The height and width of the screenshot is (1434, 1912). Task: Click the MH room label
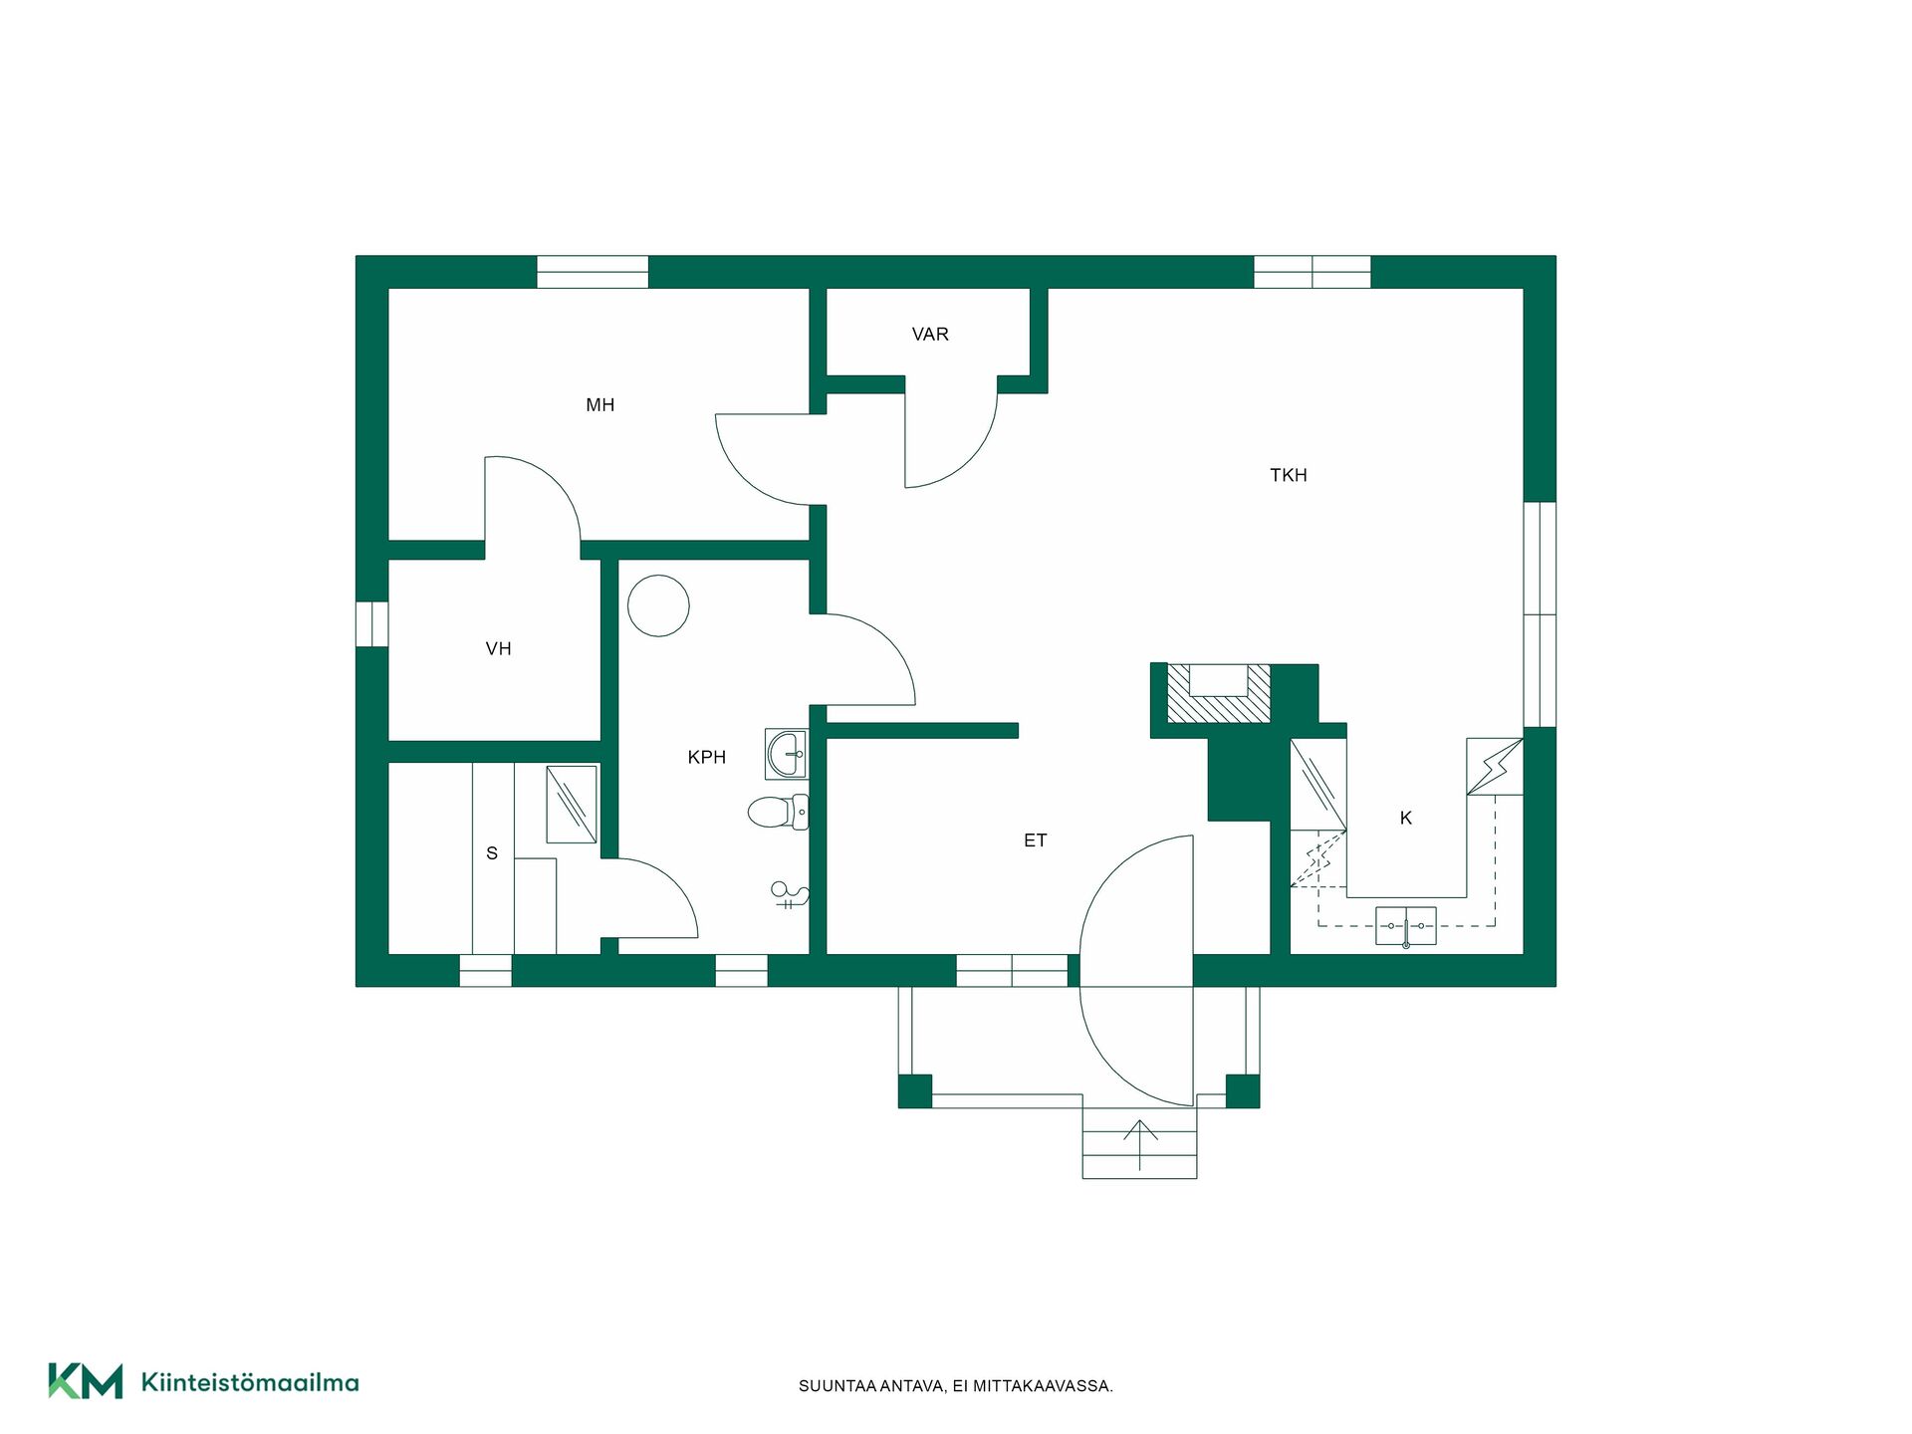coord(599,405)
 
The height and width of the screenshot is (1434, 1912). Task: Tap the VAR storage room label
coord(930,335)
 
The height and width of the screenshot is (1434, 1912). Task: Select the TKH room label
coord(1288,476)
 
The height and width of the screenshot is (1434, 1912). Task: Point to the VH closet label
coord(498,649)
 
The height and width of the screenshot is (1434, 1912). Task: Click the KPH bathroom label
coord(706,758)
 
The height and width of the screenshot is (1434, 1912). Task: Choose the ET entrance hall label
coord(1035,840)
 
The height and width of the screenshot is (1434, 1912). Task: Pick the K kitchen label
coord(1406,819)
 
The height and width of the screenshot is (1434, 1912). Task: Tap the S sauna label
coord(492,853)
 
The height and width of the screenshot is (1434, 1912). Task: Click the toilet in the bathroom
coord(778,813)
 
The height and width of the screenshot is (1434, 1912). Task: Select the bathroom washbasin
coord(787,754)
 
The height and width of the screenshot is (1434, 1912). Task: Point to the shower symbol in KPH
coord(790,895)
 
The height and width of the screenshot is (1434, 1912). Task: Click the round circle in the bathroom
coord(658,605)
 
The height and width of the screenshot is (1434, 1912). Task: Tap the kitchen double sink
coord(1406,926)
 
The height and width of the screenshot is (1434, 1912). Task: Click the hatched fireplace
coord(1219,693)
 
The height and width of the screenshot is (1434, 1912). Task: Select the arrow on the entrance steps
coord(1140,1144)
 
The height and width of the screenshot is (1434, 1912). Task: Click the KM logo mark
coord(86,1381)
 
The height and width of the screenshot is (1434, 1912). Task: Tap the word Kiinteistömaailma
coord(250,1382)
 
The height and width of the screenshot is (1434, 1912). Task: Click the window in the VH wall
coord(372,624)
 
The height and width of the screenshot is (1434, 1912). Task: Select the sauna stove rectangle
coord(572,805)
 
